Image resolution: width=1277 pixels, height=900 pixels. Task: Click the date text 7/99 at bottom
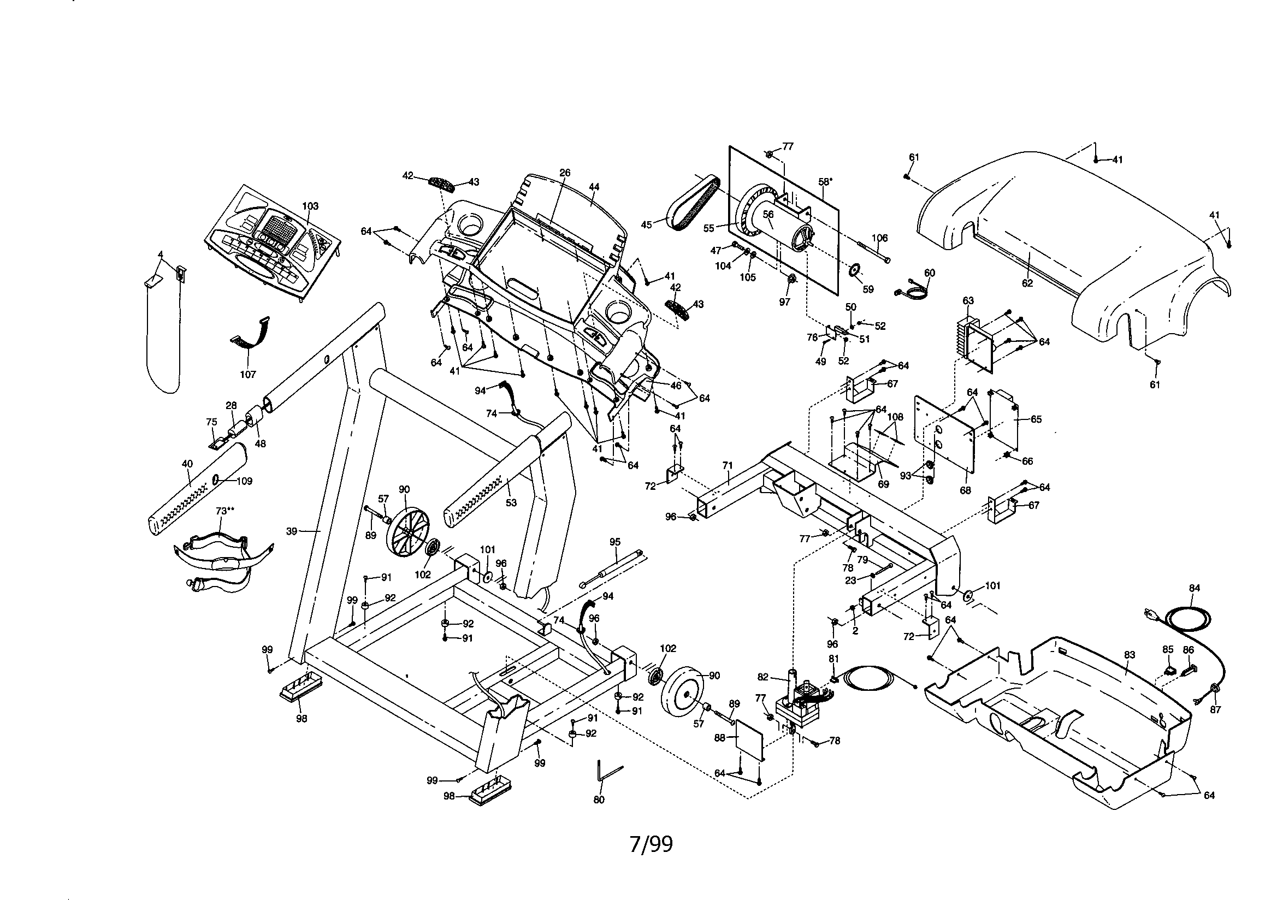click(650, 844)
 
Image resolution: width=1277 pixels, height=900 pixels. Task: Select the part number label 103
click(310, 206)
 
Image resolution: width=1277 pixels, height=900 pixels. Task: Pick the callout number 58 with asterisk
click(825, 182)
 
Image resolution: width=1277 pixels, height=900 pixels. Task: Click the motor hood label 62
click(1027, 283)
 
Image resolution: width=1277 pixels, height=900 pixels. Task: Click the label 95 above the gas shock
click(614, 542)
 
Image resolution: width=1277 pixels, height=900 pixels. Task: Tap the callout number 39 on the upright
click(292, 531)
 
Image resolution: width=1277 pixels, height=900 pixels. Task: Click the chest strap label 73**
click(224, 511)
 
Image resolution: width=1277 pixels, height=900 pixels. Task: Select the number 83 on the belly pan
click(1129, 655)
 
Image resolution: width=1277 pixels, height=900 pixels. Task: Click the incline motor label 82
click(763, 677)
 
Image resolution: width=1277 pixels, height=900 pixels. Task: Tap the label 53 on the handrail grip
click(511, 503)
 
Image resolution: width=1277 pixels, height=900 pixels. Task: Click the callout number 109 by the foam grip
click(244, 481)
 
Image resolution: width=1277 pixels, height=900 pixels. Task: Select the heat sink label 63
click(968, 300)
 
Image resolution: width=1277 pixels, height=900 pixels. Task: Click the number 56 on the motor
click(768, 214)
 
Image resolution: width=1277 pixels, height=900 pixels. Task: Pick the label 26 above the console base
click(565, 173)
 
